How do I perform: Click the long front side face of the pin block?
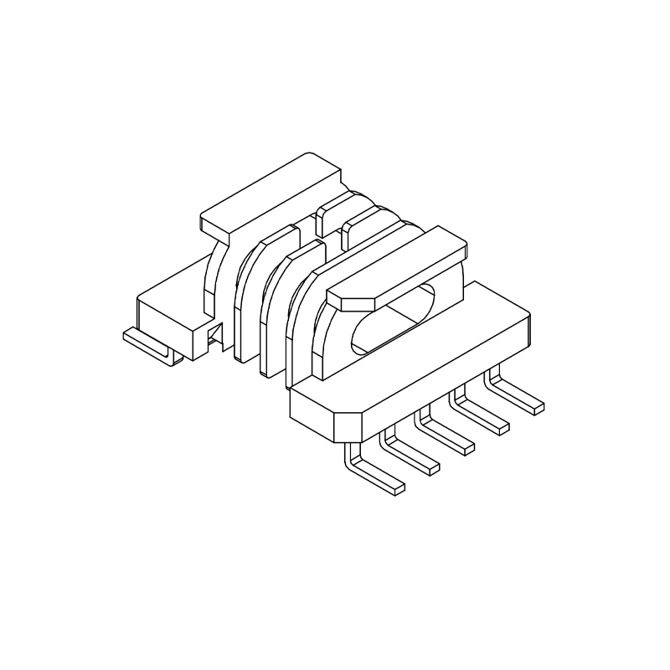click(444, 377)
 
